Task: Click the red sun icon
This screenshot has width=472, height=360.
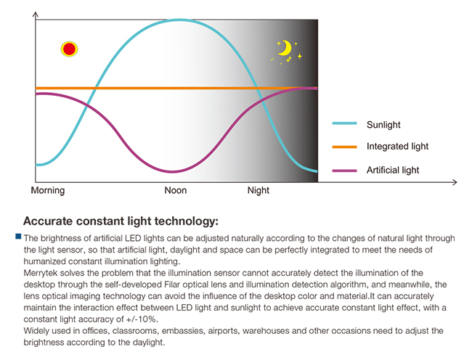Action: coord(69,49)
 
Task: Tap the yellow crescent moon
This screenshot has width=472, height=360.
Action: coord(285,49)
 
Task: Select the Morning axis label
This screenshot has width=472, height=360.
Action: coord(48,191)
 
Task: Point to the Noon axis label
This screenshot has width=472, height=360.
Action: coord(176,191)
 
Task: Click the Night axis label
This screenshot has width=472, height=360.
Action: coord(259,191)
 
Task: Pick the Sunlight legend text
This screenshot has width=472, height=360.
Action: coord(383,125)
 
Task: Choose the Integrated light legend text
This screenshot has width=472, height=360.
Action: coord(397,147)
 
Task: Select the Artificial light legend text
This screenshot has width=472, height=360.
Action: coord(393,170)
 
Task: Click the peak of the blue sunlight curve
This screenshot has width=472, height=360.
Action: coord(178,20)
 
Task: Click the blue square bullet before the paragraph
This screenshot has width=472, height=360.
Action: coord(18,237)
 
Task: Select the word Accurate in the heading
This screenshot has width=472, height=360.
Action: coord(49,221)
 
